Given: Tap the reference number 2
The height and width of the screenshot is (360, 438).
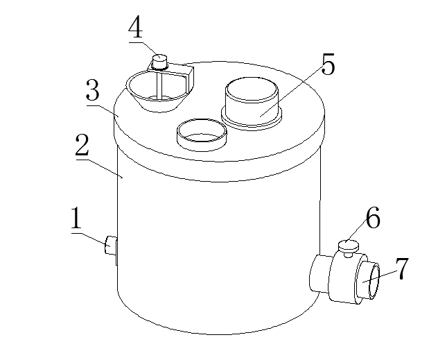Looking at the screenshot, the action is click(x=82, y=145).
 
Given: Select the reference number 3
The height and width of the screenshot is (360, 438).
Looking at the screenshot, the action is click(x=92, y=90).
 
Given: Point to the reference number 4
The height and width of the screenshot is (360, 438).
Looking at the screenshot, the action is click(x=136, y=27).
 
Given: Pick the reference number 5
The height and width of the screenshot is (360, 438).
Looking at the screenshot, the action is click(x=328, y=64).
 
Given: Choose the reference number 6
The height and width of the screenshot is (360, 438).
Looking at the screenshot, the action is click(x=373, y=217).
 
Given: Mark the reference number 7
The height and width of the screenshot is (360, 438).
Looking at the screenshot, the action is click(x=402, y=268).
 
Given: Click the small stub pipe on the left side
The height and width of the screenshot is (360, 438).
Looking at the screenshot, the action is click(x=111, y=245).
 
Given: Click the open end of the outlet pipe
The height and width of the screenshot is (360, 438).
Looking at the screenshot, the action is click(x=374, y=281).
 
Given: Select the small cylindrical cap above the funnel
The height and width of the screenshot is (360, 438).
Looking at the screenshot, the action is click(x=159, y=62).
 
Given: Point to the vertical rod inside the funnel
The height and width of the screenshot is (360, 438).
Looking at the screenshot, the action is click(x=159, y=86).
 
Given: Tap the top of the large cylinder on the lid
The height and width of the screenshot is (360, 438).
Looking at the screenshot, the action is click(x=252, y=89).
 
